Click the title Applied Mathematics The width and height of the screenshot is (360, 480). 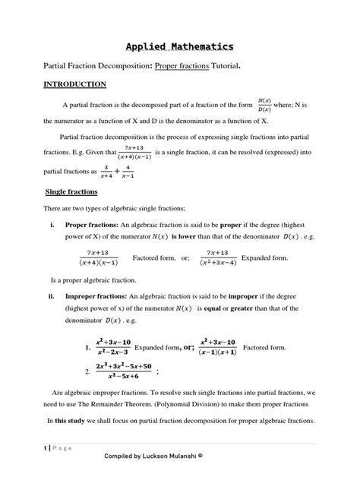pyautogui.click(x=180, y=45)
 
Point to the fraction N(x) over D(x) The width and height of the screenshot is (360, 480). pyautogui.click(x=265, y=103)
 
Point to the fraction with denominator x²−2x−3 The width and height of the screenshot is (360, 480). pyautogui.click(x=114, y=347)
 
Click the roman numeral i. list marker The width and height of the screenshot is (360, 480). pyautogui.click(x=53, y=226)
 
